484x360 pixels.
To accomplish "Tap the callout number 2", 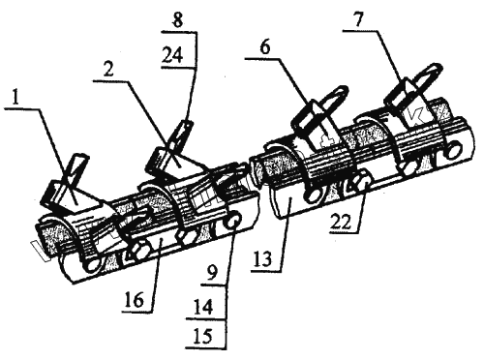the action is (108, 70).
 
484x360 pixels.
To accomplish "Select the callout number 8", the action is (178, 20).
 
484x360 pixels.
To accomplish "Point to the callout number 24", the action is (172, 55).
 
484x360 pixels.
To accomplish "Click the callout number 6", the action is (264, 47).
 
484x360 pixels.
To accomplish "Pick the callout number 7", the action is (358, 20).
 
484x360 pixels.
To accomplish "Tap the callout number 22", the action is (340, 222).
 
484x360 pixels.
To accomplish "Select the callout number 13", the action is (262, 259).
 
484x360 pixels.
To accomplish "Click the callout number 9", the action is (211, 275).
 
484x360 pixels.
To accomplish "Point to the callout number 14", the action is (203, 307).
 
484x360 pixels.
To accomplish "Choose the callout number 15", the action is (203, 337).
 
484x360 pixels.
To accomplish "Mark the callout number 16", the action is (135, 301).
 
